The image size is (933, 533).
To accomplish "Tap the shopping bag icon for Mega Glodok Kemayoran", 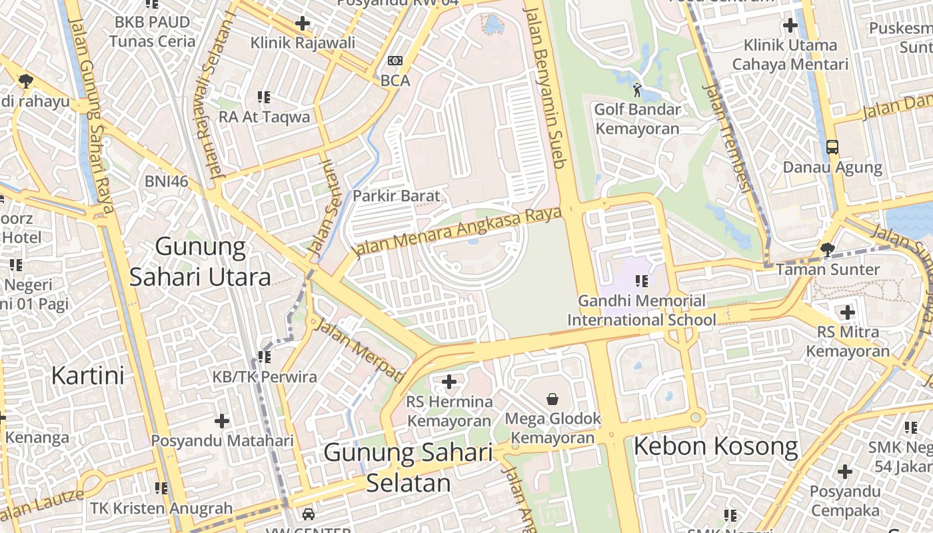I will (x=552, y=399).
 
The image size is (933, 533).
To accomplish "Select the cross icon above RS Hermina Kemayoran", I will (x=449, y=382).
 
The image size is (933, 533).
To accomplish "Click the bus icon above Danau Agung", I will (x=832, y=147).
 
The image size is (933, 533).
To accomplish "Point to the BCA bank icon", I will (x=395, y=61).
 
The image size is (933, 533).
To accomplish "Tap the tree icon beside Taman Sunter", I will (x=827, y=250).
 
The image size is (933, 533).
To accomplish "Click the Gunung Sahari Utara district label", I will (x=200, y=262).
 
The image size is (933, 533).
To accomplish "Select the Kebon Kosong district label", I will (x=715, y=446).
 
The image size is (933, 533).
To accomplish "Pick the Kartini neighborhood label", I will (x=88, y=375).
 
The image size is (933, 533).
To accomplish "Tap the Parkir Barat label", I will (x=396, y=196).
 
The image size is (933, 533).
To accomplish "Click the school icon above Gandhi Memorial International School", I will (x=642, y=281).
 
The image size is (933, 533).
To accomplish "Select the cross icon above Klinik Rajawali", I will (x=303, y=23).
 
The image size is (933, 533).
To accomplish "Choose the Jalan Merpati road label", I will (x=359, y=349).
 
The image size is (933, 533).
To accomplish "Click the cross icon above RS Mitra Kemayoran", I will (x=847, y=312).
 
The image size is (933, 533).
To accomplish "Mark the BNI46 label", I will (x=166, y=181).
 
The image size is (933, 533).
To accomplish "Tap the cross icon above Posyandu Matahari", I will (x=222, y=421).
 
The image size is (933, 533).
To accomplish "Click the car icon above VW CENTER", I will (x=308, y=514).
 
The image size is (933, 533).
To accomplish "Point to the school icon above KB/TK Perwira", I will (x=265, y=357).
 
